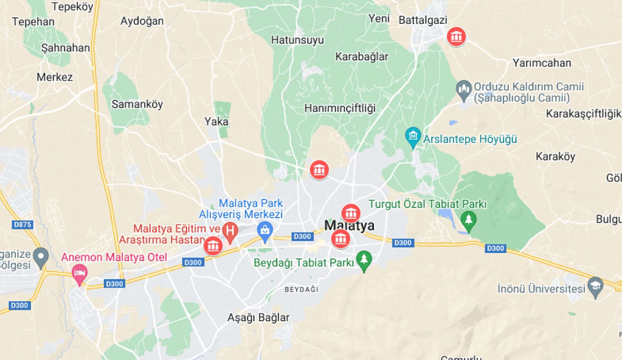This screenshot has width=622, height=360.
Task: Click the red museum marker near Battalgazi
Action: click(456, 36)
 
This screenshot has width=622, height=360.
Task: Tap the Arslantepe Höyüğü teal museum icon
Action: click(413, 136)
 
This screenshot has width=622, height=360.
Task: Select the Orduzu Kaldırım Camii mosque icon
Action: click(464, 90)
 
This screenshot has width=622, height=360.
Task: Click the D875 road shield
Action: click(23, 224)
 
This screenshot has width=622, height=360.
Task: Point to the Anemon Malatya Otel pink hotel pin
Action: click(79, 274)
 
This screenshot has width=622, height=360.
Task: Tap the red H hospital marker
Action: click(230, 231)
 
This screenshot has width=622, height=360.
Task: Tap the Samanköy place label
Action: click(137, 104)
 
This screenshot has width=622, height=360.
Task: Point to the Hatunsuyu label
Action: click(297, 40)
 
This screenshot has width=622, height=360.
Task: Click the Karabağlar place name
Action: click(362, 57)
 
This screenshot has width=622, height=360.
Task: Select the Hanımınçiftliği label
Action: click(340, 108)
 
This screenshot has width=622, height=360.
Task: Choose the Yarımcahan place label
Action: click(542, 63)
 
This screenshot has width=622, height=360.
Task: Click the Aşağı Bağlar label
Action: click(258, 317)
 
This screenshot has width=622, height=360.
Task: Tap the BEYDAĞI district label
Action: click(301, 289)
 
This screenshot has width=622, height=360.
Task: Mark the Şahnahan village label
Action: click(65, 48)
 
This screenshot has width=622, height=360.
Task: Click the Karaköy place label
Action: click(555, 157)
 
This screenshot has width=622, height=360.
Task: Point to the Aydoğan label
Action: click(142, 21)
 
